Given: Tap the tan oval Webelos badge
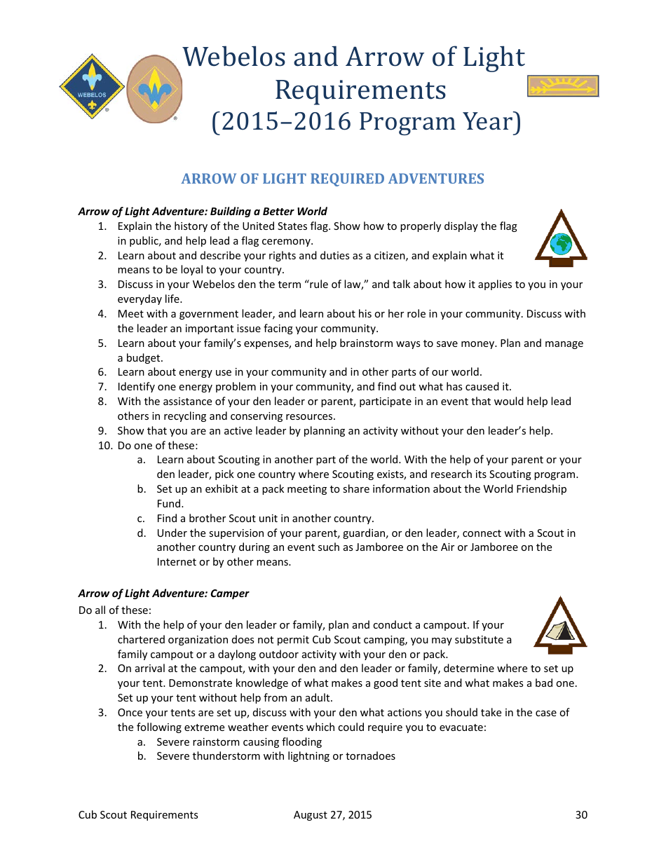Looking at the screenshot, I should [154, 89].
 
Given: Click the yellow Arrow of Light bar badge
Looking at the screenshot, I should [563, 86].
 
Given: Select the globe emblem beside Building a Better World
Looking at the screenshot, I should [561, 240].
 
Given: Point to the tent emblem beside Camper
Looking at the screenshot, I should [561, 627].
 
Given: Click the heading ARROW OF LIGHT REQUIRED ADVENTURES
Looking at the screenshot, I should [332, 179].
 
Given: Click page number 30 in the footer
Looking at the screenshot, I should [580, 814].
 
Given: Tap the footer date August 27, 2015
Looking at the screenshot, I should [332, 814].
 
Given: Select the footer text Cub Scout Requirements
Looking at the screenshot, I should [138, 814].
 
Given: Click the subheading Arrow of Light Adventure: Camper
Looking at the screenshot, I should [163, 593].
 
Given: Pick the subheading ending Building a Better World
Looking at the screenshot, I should [202, 211].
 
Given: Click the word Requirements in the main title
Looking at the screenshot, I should [360, 90].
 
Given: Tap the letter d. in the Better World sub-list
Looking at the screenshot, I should [141, 533].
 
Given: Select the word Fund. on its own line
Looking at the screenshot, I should [170, 503].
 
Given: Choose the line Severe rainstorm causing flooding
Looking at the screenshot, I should [239, 741].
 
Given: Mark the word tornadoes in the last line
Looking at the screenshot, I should [371, 756].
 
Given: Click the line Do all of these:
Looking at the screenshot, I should [114, 610].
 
